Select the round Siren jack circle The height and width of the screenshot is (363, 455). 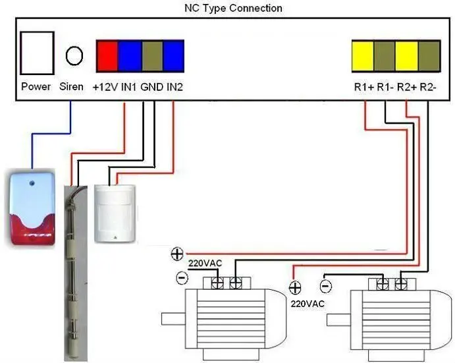pos(74,55)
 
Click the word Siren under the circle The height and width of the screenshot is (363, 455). pos(72,87)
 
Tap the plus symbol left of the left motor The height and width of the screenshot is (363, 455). pos(176,254)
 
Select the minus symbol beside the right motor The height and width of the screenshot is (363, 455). pos(324,286)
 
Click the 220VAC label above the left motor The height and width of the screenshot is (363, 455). pos(205,264)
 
